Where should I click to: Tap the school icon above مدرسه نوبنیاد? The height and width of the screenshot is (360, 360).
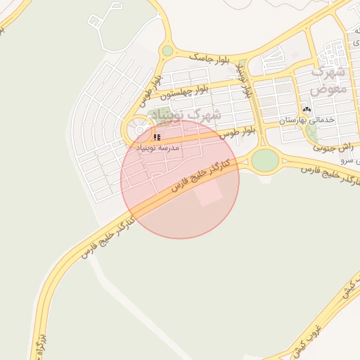coord(157,137)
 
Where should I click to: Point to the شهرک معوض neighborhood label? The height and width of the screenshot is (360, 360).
coord(328,80)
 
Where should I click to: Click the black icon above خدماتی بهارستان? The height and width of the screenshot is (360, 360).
coord(307,110)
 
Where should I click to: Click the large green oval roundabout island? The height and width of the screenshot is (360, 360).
coord(264,160)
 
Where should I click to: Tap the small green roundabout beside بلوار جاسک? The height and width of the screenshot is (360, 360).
coord(167,51)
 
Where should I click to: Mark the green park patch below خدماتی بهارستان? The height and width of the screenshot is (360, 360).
coord(311,132)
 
